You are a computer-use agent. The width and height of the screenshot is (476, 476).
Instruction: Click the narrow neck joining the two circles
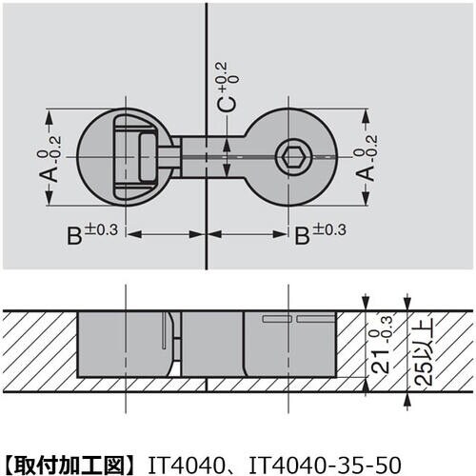206,155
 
